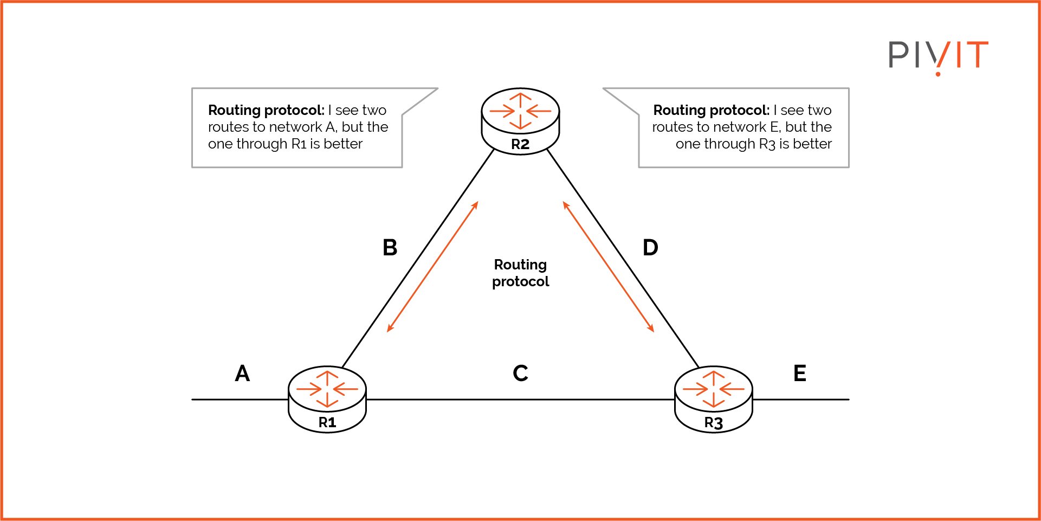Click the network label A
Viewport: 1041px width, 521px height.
coord(242,374)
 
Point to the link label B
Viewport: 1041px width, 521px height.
coord(390,248)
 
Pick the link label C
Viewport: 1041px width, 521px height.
coord(520,374)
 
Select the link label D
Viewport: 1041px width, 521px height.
coord(650,248)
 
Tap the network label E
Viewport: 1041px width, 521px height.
coord(799,374)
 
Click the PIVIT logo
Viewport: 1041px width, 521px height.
coord(938,56)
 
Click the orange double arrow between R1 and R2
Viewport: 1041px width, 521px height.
coord(432,267)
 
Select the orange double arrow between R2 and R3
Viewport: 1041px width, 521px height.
coord(608,267)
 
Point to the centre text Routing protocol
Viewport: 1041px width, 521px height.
coord(520,273)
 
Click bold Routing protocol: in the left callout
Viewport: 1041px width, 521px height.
coord(266,110)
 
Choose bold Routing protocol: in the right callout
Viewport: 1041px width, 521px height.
coord(711,110)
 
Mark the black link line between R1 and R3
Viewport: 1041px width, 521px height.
coord(520,400)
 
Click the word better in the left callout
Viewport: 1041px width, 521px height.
coord(342,144)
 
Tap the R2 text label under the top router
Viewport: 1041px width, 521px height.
coord(520,145)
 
